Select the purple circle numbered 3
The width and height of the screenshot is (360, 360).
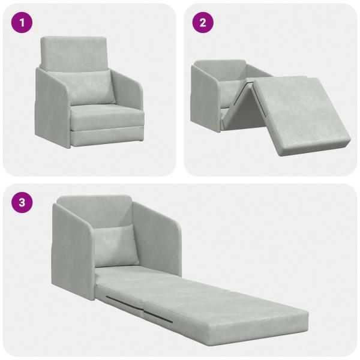coord(22,203)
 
